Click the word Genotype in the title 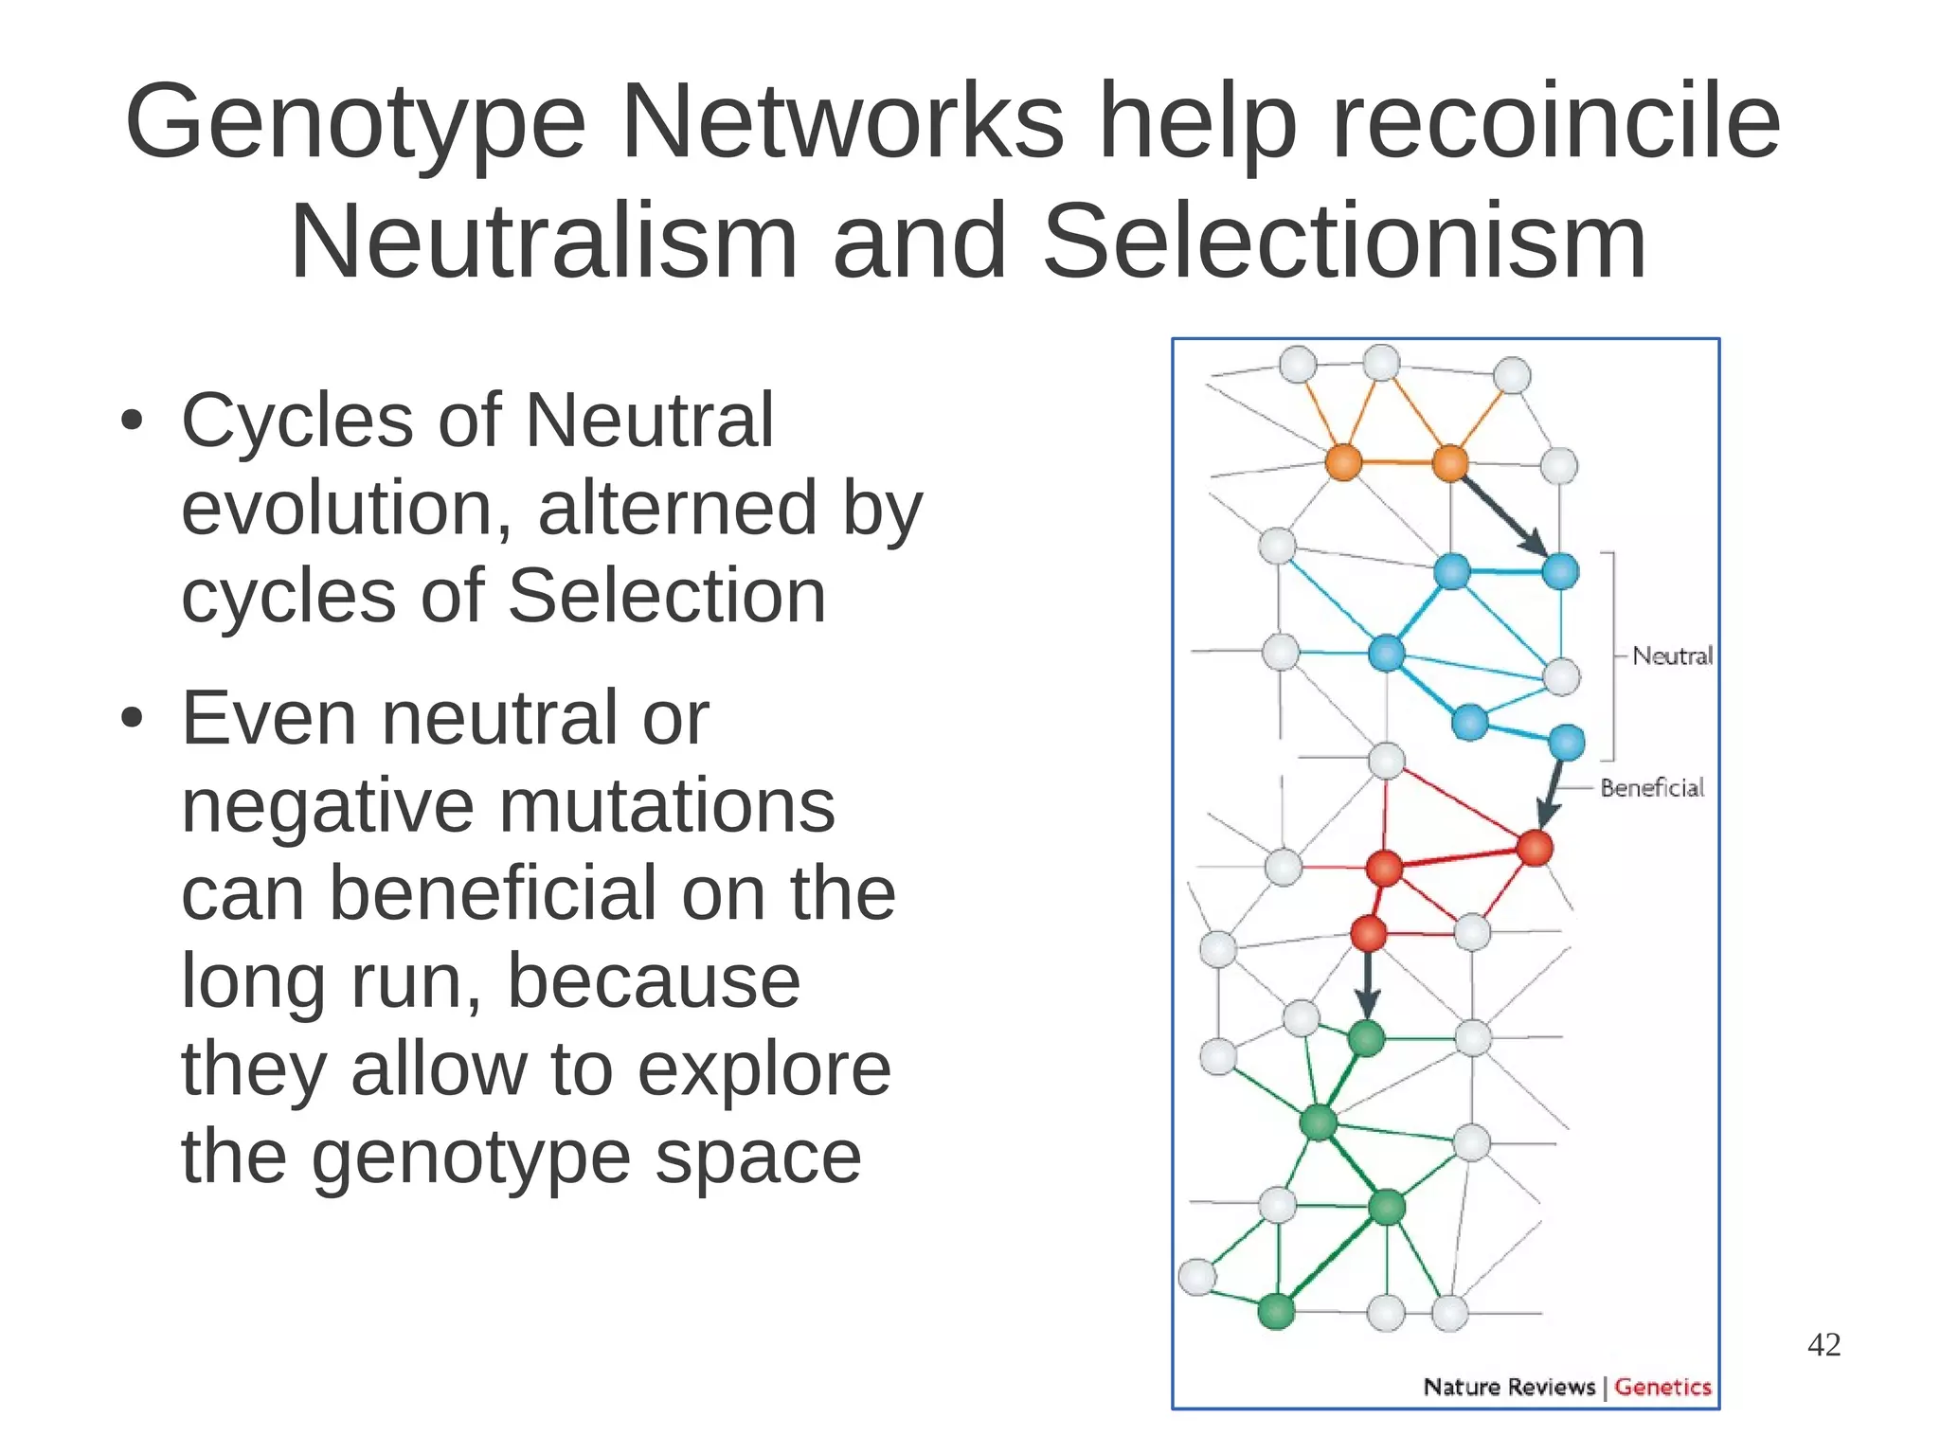(355, 123)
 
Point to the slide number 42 (1823, 1344)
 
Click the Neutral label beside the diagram (1672, 655)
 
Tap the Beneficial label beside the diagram (1651, 787)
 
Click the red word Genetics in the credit (1662, 1387)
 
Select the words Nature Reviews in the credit (1509, 1387)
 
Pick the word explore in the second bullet (763, 1069)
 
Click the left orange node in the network (1343, 463)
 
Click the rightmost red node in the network (1535, 848)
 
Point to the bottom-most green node (1276, 1312)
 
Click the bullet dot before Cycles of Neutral (132, 421)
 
